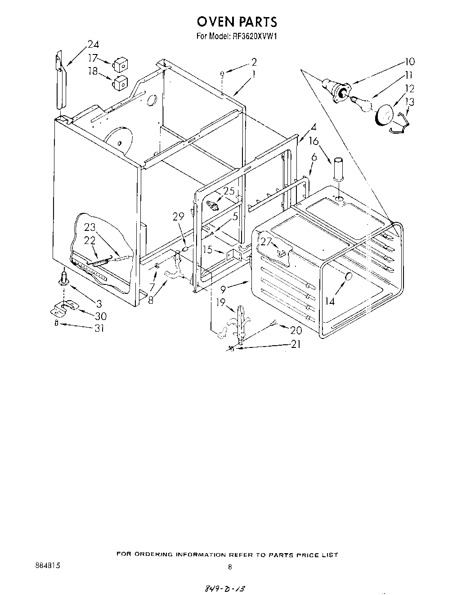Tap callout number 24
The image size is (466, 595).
(94, 44)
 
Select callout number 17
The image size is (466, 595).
(93, 58)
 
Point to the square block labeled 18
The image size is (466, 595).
(121, 82)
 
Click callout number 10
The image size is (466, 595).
(409, 62)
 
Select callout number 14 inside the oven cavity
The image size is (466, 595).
(330, 301)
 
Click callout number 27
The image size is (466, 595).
(266, 242)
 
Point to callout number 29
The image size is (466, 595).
(179, 216)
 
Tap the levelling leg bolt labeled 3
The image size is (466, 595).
(64, 279)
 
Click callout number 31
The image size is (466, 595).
(99, 328)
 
